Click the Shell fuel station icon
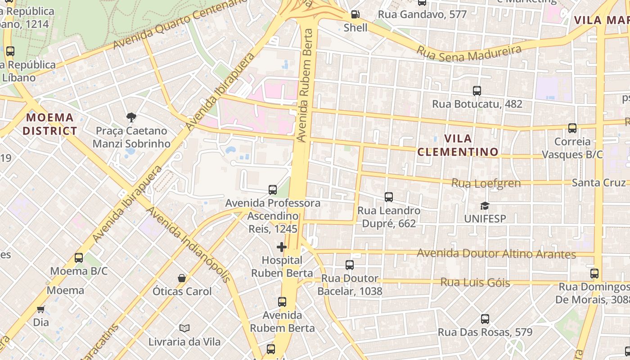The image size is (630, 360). [x=355, y=14]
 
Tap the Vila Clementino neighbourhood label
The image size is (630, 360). [x=458, y=145]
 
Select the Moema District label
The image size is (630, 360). [x=49, y=124]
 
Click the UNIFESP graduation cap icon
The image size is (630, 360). [x=485, y=206]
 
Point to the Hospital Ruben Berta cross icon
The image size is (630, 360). [x=282, y=247]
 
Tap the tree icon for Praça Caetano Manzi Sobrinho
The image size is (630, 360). [x=131, y=117]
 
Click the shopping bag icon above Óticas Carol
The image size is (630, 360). [x=182, y=278]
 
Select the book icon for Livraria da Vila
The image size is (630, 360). [x=184, y=328]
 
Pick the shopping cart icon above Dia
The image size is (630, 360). [x=41, y=309]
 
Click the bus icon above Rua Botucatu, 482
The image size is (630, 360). [x=477, y=91]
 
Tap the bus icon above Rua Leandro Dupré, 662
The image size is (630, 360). [x=389, y=197]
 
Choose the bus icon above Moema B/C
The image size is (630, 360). [x=79, y=258]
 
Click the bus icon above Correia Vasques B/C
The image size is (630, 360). [x=572, y=128]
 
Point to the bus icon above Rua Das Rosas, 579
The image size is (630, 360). [x=485, y=319]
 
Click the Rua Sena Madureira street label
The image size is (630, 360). [x=468, y=53]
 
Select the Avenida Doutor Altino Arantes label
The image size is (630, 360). [x=496, y=253]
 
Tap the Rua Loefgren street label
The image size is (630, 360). [x=486, y=183]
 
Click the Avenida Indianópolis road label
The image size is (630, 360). [x=189, y=244]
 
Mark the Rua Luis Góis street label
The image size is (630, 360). [x=475, y=282]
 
